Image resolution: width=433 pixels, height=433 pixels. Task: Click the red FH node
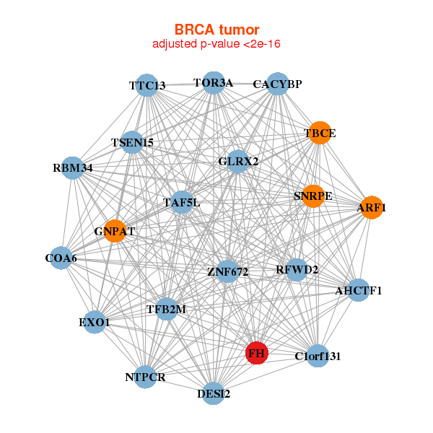pos(256,353)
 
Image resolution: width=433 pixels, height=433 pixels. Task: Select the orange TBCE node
pos(318,133)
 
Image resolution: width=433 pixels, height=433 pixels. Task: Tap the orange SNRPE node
pos(312,196)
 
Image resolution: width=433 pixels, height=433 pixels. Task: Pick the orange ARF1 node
pos(371,208)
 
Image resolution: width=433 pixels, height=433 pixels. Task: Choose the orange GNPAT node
pos(115,231)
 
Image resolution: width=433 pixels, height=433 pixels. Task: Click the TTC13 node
pos(147,85)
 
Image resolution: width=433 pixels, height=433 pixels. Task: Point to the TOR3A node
pos(213,82)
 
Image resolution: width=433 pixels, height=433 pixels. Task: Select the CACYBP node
pos(277,84)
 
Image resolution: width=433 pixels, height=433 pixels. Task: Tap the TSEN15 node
pos(132,142)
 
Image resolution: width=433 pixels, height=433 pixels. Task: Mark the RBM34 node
pos(72,168)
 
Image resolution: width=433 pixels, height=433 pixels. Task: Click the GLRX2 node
pos(238,161)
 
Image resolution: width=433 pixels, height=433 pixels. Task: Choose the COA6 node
pos(61,258)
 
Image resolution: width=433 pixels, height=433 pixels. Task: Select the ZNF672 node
pos(227,272)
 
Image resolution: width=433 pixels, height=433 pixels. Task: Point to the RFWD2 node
pos(297,270)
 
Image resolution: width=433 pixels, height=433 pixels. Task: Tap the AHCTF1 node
pos(358,291)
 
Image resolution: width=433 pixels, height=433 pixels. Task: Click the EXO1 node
pos(95,322)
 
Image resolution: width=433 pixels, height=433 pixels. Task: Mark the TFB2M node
pos(166,309)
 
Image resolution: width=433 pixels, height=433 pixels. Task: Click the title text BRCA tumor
pos(216,30)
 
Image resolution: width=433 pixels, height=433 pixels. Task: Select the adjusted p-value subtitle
pos(216,44)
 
